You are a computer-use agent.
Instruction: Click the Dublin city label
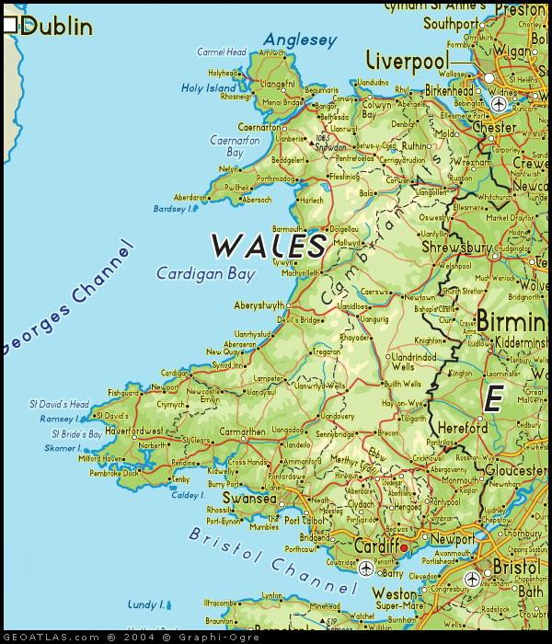click(57, 26)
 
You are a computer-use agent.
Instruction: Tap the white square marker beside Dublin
click(10, 27)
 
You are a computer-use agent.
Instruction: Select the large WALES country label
click(269, 246)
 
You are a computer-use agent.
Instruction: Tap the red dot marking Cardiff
click(403, 547)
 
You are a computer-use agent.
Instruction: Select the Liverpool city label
click(407, 61)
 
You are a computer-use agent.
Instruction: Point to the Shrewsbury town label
click(454, 247)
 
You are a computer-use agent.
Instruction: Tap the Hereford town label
click(462, 428)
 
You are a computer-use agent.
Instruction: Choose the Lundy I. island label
click(145, 604)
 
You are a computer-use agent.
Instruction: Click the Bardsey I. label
click(175, 208)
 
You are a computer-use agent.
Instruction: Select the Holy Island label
click(209, 88)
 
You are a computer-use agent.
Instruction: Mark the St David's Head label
click(59, 404)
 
